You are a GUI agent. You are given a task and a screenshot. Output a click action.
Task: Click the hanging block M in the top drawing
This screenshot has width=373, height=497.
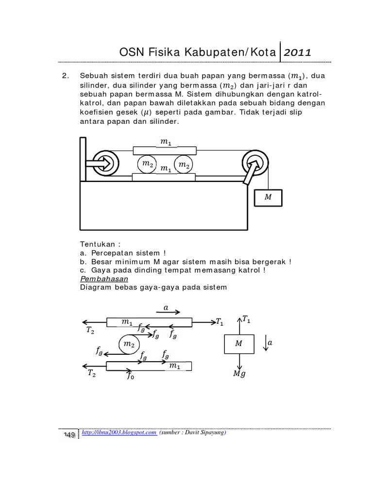[268, 198]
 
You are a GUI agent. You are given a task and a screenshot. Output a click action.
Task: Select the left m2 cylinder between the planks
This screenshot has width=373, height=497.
[148, 166]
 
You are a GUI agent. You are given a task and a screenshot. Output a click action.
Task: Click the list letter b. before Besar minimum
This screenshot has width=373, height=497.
[84, 262]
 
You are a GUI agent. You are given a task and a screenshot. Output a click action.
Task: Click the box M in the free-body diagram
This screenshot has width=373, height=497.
[238, 344]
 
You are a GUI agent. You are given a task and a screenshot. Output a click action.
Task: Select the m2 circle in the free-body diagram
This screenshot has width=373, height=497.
[129, 344]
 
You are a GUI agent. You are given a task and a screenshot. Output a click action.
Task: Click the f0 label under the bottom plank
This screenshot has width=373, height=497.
[130, 375]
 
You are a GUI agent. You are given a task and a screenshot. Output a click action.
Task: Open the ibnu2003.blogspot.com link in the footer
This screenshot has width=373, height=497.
[119, 433]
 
